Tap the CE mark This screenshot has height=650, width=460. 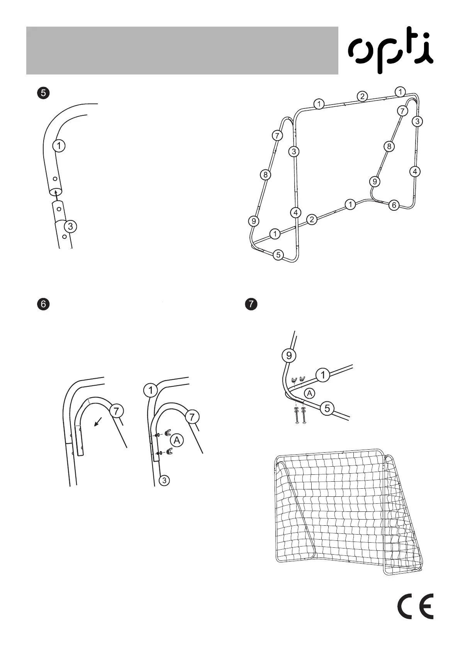coord(416,606)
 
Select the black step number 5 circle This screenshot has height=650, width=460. coord(43,93)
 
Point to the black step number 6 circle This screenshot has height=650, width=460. coord(43,304)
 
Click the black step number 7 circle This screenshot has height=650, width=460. coord(251,304)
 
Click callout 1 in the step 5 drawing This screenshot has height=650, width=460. coord(59,146)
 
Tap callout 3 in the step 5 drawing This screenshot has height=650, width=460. coord(70,227)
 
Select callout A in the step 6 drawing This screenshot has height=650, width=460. coord(177,440)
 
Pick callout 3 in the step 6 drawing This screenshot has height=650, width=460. coord(165,481)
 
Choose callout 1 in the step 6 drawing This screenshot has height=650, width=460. coord(150,390)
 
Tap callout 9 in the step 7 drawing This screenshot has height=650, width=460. coord(289,355)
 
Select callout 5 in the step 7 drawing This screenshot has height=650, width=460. coord(327,408)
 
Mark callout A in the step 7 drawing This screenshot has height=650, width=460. coord(309,393)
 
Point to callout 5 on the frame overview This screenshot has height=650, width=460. coord(278,255)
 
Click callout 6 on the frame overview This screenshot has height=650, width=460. coord(394,205)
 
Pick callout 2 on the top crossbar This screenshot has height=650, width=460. coord(362,96)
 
